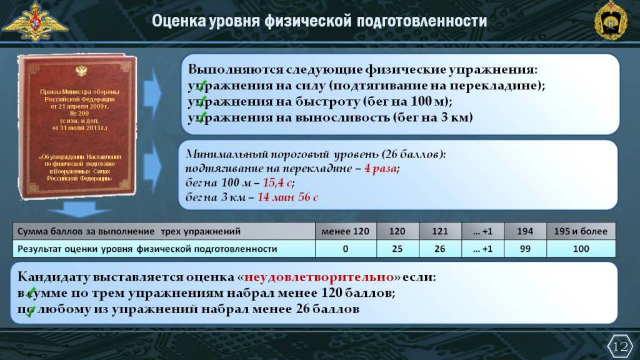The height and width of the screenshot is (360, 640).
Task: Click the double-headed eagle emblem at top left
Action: (x=35, y=21)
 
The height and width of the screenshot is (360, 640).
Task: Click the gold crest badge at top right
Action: (x=611, y=21)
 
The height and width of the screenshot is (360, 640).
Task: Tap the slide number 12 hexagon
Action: (x=620, y=346)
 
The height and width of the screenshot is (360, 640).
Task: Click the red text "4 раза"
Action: (x=380, y=168)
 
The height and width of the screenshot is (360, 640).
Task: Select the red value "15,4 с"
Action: (x=277, y=182)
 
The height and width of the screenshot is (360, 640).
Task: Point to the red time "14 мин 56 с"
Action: (x=287, y=197)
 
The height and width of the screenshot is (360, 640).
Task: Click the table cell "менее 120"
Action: (x=345, y=231)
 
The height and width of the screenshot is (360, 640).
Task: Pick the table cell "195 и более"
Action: (x=581, y=231)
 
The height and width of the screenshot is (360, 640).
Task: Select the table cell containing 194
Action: (x=525, y=231)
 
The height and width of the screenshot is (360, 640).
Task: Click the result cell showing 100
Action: (x=581, y=249)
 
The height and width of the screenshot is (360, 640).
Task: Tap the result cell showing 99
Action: (x=525, y=249)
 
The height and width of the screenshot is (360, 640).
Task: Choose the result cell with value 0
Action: (x=345, y=249)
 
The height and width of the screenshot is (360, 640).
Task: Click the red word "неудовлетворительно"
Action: (x=319, y=277)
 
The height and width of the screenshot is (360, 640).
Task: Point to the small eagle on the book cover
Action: (x=81, y=71)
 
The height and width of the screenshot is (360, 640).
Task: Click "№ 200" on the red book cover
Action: (x=79, y=114)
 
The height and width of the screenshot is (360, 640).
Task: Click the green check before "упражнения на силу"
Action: (x=201, y=86)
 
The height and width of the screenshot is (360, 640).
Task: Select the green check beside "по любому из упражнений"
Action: (x=29, y=311)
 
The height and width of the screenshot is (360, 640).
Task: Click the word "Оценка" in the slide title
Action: (x=179, y=21)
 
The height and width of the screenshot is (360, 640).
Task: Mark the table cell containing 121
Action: (x=440, y=231)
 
